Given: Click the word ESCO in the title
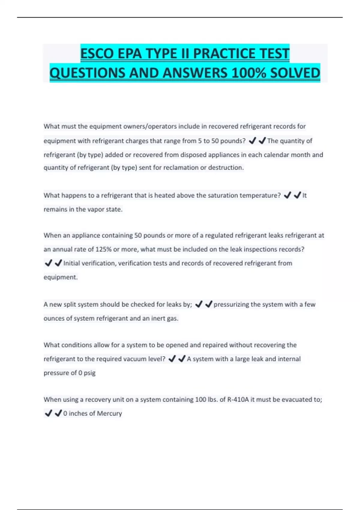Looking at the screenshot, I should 97,54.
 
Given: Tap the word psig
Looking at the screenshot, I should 89,373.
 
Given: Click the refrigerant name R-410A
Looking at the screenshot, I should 238,400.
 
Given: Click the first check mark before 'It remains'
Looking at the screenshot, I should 287,196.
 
